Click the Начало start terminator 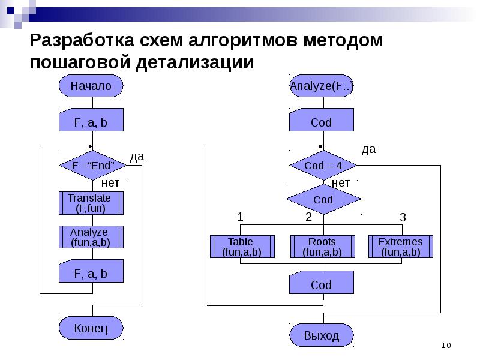point(91,86)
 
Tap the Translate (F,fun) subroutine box point(91,203)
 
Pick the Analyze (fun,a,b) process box point(91,237)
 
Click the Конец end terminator point(91,328)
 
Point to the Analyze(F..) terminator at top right point(321,86)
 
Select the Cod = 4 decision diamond point(323,166)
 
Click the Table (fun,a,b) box point(242,247)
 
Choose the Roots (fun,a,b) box point(322,247)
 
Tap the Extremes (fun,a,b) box point(400,247)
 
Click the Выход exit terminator point(321,335)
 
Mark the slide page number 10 point(446,345)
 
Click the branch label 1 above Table point(240,217)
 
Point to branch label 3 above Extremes point(403,218)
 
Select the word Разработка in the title point(83,42)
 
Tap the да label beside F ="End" point(137,156)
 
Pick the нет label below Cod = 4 point(341,182)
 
